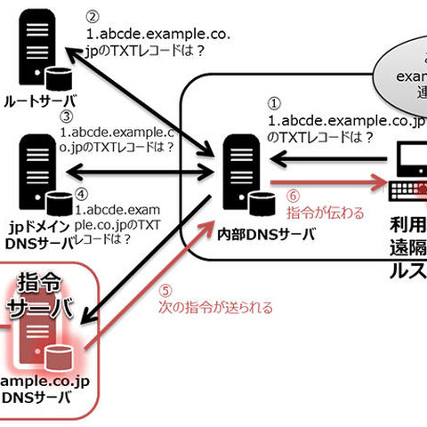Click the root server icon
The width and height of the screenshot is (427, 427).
[40, 53]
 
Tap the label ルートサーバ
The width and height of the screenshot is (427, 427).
[39, 101]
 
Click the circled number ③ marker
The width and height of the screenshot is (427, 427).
[67, 116]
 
